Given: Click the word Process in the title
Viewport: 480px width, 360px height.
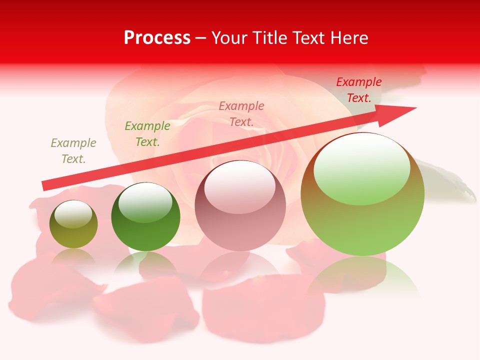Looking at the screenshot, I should click(157, 38).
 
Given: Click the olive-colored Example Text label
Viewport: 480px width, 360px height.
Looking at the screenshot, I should click(73, 151).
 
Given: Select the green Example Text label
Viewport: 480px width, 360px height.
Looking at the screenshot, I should click(147, 134).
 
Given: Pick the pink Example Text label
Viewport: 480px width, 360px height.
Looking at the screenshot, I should click(241, 113).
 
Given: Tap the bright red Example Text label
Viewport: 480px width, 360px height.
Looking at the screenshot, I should click(358, 90).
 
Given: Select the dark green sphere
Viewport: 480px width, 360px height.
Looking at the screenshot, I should click(145, 218).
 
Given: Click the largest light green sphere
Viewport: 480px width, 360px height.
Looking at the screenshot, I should click(362, 195).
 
